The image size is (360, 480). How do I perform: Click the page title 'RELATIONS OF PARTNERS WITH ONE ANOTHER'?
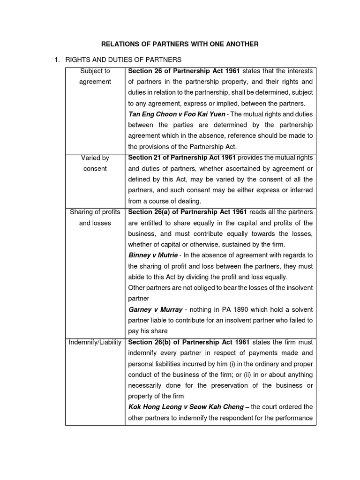point(180,44)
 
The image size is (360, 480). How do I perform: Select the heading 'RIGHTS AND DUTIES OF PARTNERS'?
point(123,60)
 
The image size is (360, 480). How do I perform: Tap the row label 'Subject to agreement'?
point(95,76)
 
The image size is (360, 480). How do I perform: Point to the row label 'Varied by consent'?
point(95,163)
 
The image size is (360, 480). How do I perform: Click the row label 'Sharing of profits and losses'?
point(95,217)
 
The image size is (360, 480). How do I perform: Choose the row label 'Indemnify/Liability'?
point(95,342)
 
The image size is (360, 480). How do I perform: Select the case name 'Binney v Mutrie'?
point(153,255)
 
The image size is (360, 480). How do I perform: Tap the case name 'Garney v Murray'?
point(156,310)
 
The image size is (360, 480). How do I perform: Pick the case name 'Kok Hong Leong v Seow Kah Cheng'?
point(186,407)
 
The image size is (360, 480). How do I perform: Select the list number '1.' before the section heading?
point(57,60)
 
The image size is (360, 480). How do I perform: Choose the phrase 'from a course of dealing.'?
point(164,201)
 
